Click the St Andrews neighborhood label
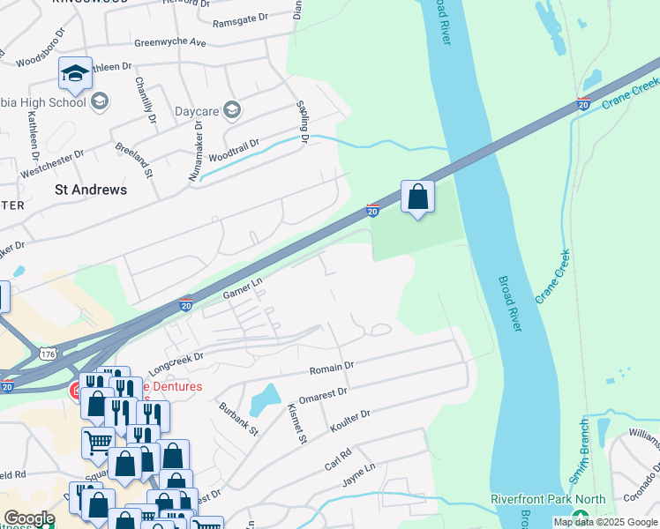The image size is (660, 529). pyautogui.click(x=91, y=190)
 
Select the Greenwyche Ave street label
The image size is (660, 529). pyautogui.click(x=169, y=42)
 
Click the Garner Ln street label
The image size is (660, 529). pyautogui.click(x=244, y=287)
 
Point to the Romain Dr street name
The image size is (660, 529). pyautogui.click(x=330, y=365)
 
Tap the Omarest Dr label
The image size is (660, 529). pyautogui.click(x=323, y=392)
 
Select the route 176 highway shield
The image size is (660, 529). pyautogui.click(x=48, y=354)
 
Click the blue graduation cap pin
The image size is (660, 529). pyautogui.click(x=76, y=73)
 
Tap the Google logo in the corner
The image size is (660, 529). pyautogui.click(x=29, y=518)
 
